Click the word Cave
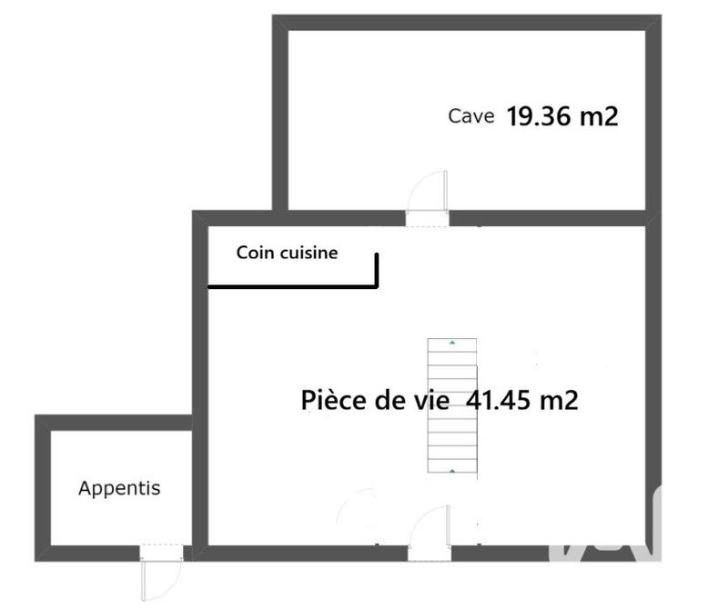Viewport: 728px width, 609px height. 470,116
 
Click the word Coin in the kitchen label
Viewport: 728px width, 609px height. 255,253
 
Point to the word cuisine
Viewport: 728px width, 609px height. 308,253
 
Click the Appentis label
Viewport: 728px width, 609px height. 119,488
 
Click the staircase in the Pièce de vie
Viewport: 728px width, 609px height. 452,406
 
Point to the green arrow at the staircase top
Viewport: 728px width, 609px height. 452,343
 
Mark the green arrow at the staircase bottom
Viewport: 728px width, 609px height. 452,471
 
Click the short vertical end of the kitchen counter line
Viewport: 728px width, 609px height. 376,271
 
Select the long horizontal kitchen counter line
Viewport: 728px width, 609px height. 291,287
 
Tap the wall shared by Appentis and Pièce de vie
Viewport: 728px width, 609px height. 200,486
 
